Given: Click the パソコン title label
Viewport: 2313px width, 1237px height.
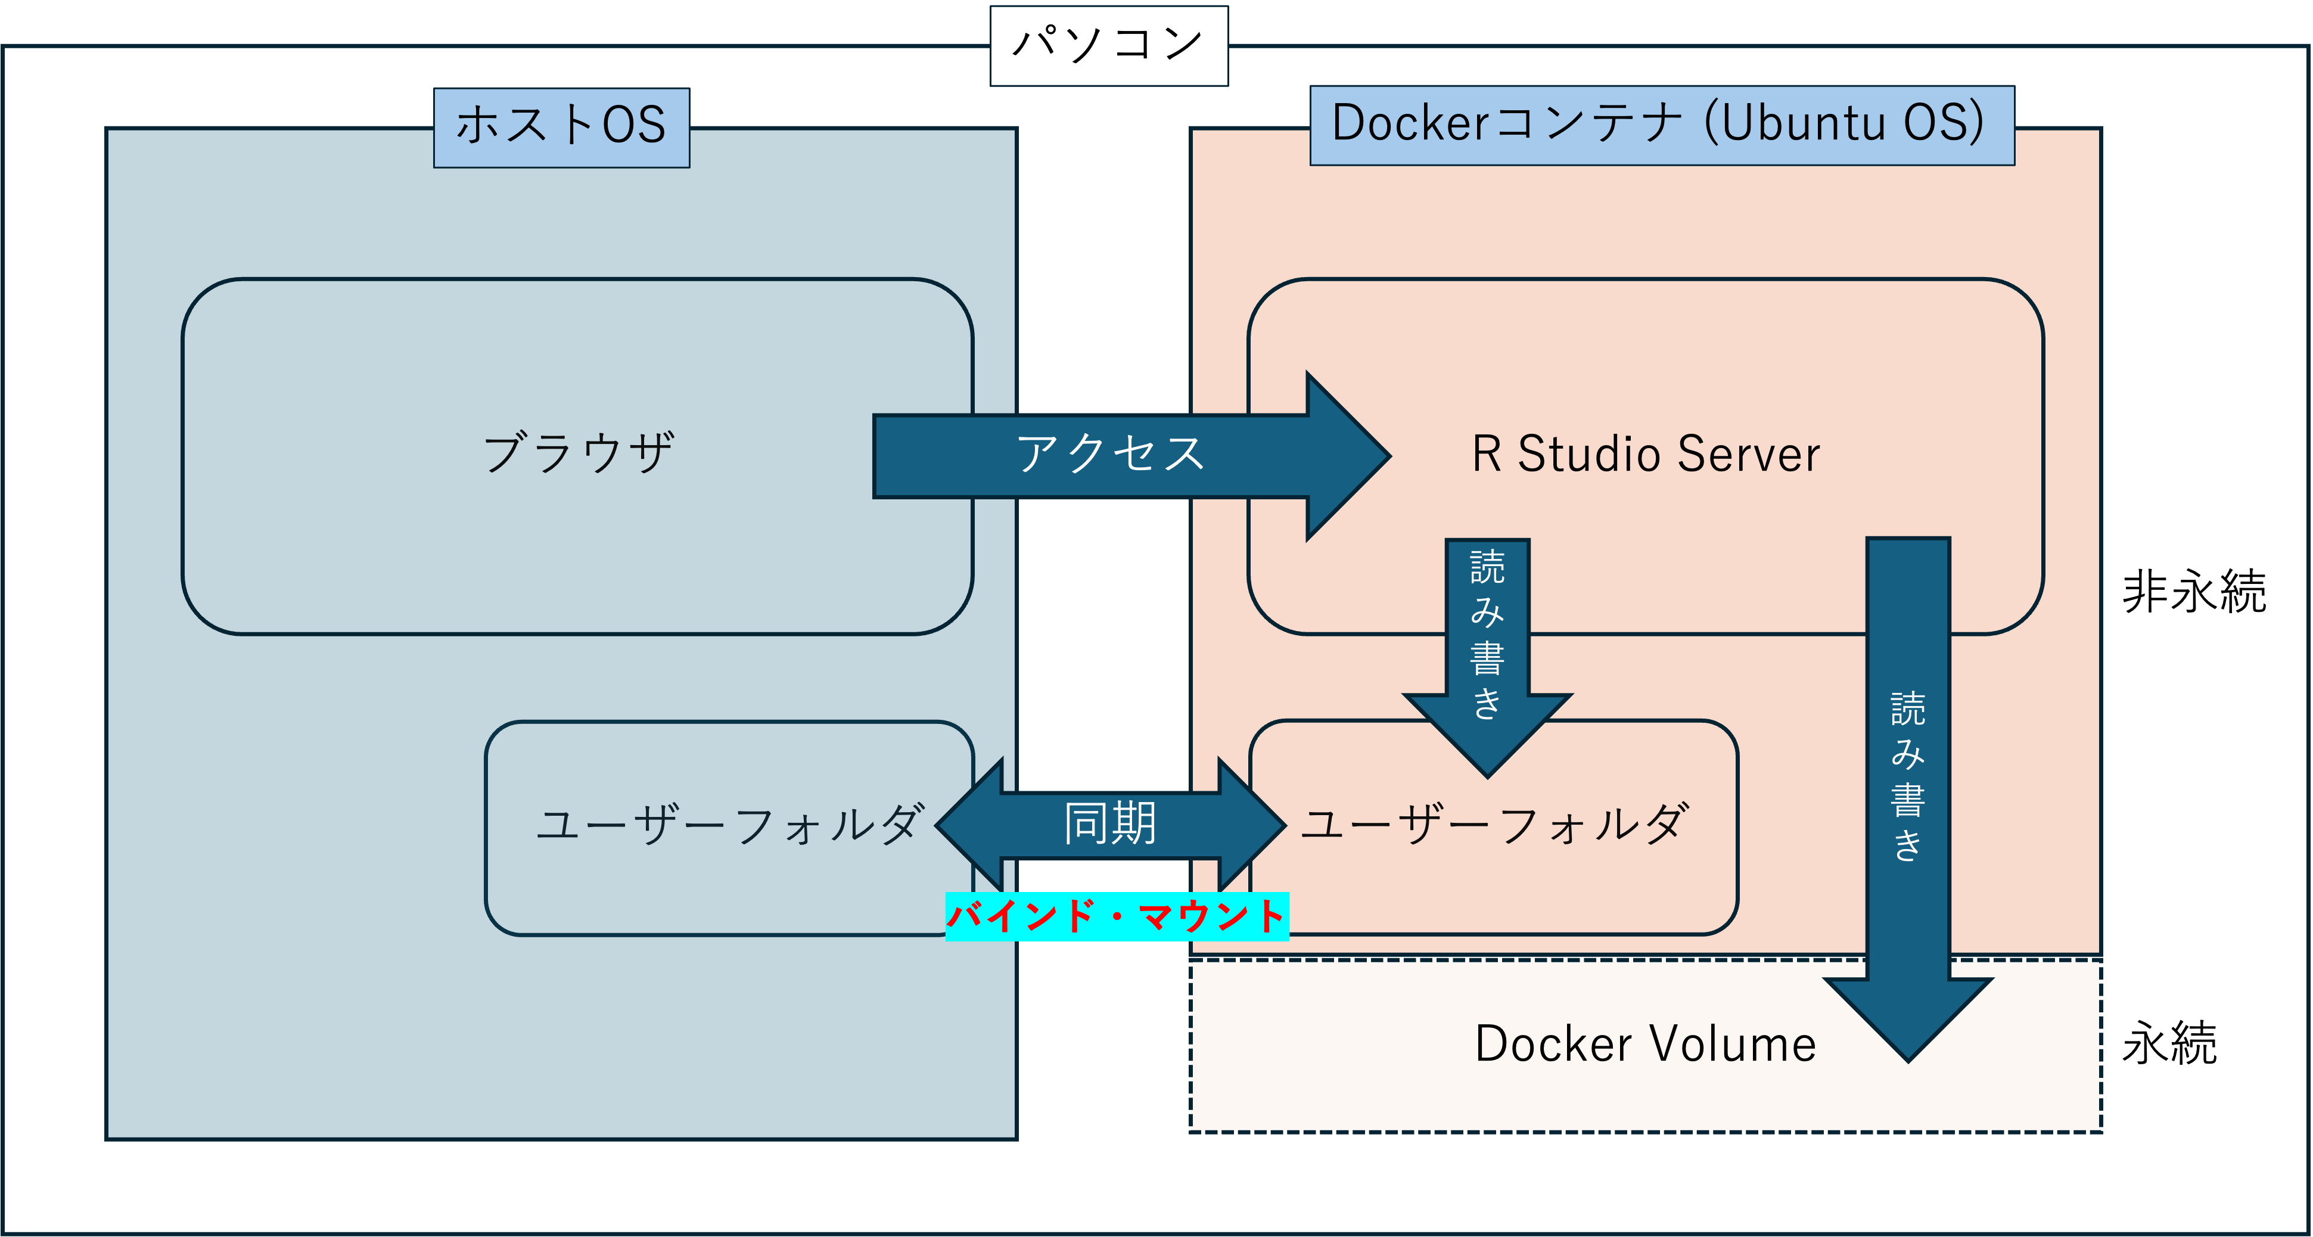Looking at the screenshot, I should tap(1108, 45).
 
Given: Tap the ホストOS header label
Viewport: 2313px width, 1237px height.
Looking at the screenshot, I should tap(561, 126).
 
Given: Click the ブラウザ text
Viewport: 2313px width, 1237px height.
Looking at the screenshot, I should tap(578, 453).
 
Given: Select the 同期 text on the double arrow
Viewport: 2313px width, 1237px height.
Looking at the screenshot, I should tap(1110, 824).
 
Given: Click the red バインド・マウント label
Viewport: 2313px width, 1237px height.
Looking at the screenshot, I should tap(1117, 916).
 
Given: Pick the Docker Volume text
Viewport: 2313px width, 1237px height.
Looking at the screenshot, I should tap(1645, 1044).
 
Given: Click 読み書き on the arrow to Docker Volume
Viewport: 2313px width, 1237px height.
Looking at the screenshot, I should tap(1908, 776).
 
